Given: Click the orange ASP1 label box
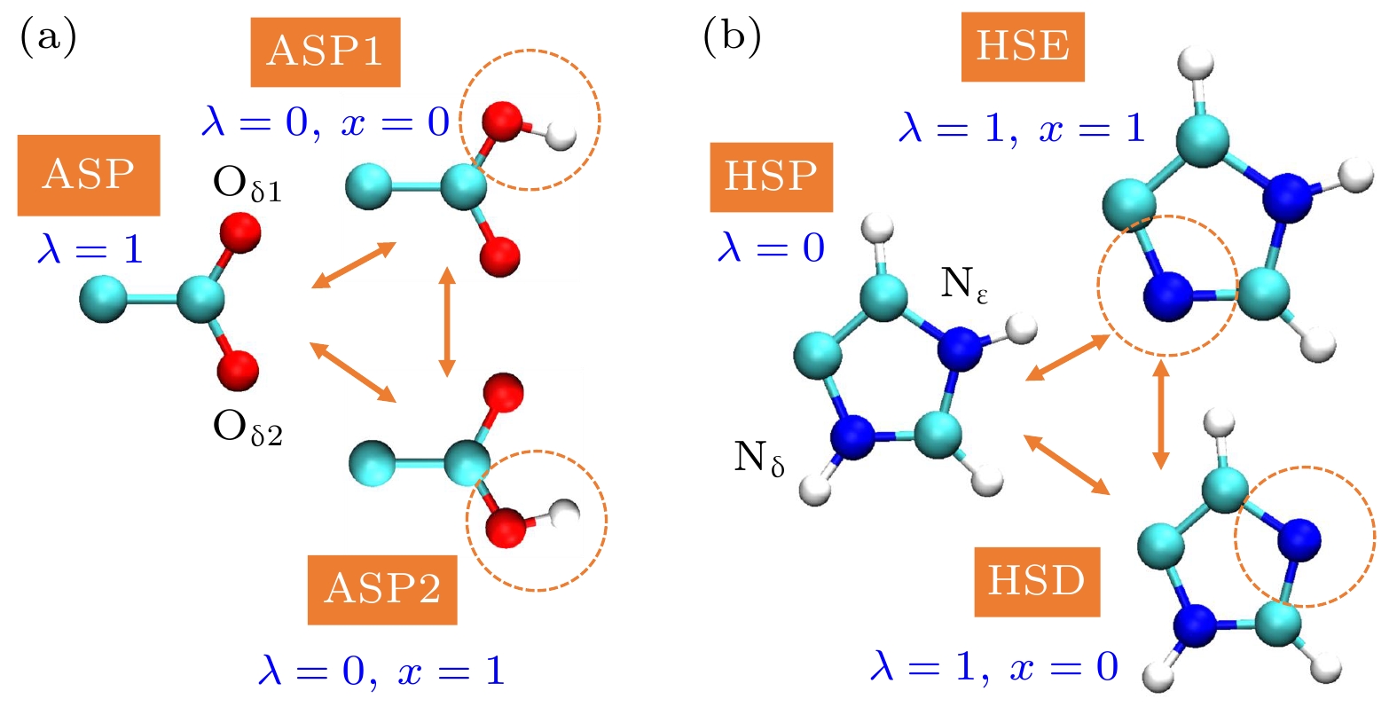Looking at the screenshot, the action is click(325, 51).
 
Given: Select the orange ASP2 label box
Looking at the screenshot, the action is click(382, 590).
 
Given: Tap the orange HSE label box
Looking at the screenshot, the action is click(1023, 47).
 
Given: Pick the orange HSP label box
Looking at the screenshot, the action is click(772, 177).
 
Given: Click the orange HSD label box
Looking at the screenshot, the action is click(1037, 582).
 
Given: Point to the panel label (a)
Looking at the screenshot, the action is click(49, 37).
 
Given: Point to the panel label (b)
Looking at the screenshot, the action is click(732, 37).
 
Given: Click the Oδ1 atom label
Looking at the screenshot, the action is click(247, 185).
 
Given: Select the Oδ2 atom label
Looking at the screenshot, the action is click(247, 429).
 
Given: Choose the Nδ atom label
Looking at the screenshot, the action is click(759, 459).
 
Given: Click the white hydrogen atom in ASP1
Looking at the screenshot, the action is click(561, 136).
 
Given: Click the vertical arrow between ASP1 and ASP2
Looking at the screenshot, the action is click(446, 322).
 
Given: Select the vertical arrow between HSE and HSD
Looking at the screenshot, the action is click(1161, 414).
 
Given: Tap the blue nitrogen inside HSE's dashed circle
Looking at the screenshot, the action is click(1168, 297).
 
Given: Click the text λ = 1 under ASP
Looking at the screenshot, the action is click(91, 250).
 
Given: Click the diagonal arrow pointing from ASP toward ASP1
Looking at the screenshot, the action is click(354, 265).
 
